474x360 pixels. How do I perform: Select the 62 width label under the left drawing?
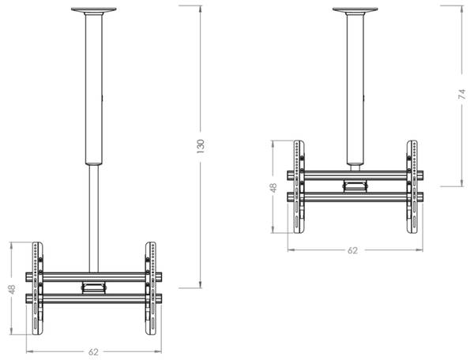click(93, 351)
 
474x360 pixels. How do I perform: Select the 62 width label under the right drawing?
click(353, 249)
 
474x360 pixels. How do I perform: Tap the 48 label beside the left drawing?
click(11, 289)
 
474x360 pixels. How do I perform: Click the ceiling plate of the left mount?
click(93, 10)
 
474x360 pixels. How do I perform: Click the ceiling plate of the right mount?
click(354, 10)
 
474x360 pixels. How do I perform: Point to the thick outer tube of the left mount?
click(93, 87)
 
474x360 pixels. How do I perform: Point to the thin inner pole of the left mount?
click(93, 213)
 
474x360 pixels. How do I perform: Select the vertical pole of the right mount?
click(354, 87)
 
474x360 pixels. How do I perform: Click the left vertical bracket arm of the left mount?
click(35, 288)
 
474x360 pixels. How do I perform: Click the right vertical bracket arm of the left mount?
click(150, 288)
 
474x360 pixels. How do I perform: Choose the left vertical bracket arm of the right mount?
click(298, 187)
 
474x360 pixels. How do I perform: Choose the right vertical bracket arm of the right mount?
click(412, 187)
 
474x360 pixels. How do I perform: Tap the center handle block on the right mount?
click(355, 186)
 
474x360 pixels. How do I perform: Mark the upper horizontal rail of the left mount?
click(93, 277)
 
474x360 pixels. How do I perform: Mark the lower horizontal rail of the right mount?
click(355, 197)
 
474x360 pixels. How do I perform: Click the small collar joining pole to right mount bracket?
click(355, 167)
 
